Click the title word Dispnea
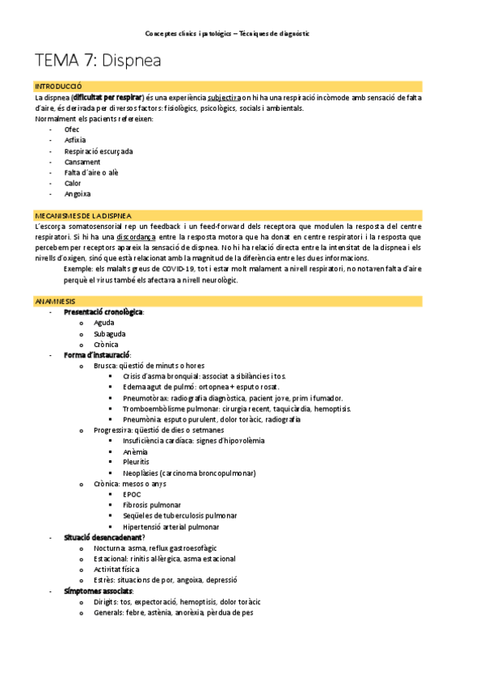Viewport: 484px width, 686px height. (131, 61)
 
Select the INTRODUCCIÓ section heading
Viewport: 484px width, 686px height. (57, 87)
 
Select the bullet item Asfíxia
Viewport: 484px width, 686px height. (75, 140)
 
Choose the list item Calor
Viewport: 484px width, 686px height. (73, 183)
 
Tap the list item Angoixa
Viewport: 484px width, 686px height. (78, 194)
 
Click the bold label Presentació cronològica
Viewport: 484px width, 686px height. (103, 312)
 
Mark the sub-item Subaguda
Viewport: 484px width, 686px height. (110, 333)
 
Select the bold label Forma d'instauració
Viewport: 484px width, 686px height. (97, 355)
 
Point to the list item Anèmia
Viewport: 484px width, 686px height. (135, 451)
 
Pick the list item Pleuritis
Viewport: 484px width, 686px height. (137, 462)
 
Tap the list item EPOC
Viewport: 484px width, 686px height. (132, 494)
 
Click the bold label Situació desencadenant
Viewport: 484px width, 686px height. (103, 537)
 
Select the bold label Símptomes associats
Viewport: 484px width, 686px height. (98, 591)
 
